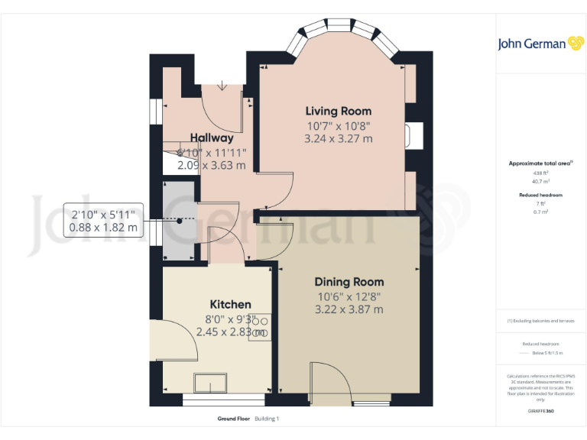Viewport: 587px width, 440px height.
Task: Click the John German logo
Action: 542,44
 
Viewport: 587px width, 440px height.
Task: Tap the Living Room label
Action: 339,111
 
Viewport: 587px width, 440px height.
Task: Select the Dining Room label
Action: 349,281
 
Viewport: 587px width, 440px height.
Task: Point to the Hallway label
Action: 212,138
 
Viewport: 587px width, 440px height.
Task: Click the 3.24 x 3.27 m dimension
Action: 339,138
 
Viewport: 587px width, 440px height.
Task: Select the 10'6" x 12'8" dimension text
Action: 349,296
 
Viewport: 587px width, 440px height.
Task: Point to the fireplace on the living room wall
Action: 413,136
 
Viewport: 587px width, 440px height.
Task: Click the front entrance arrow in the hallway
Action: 222,86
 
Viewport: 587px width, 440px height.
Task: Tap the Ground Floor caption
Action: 234,419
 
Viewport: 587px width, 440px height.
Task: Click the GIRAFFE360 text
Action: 541,411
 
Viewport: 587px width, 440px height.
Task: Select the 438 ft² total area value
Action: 541,173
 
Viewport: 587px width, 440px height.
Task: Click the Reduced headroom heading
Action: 541,195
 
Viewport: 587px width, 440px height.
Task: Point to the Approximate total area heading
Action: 540,163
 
